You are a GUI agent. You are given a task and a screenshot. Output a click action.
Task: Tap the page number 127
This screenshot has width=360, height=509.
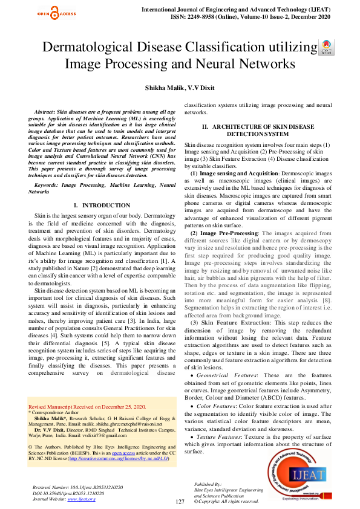pyautogui.click(x=180, y=502)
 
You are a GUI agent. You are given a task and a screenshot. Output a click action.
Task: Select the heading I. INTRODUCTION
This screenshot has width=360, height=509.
pyautogui.click(x=101, y=206)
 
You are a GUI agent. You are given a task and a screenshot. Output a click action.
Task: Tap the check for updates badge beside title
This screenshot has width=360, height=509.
pyautogui.click(x=326, y=47)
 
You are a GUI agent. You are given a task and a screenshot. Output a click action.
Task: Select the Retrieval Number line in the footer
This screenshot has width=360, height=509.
pyautogui.click(x=77, y=486)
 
